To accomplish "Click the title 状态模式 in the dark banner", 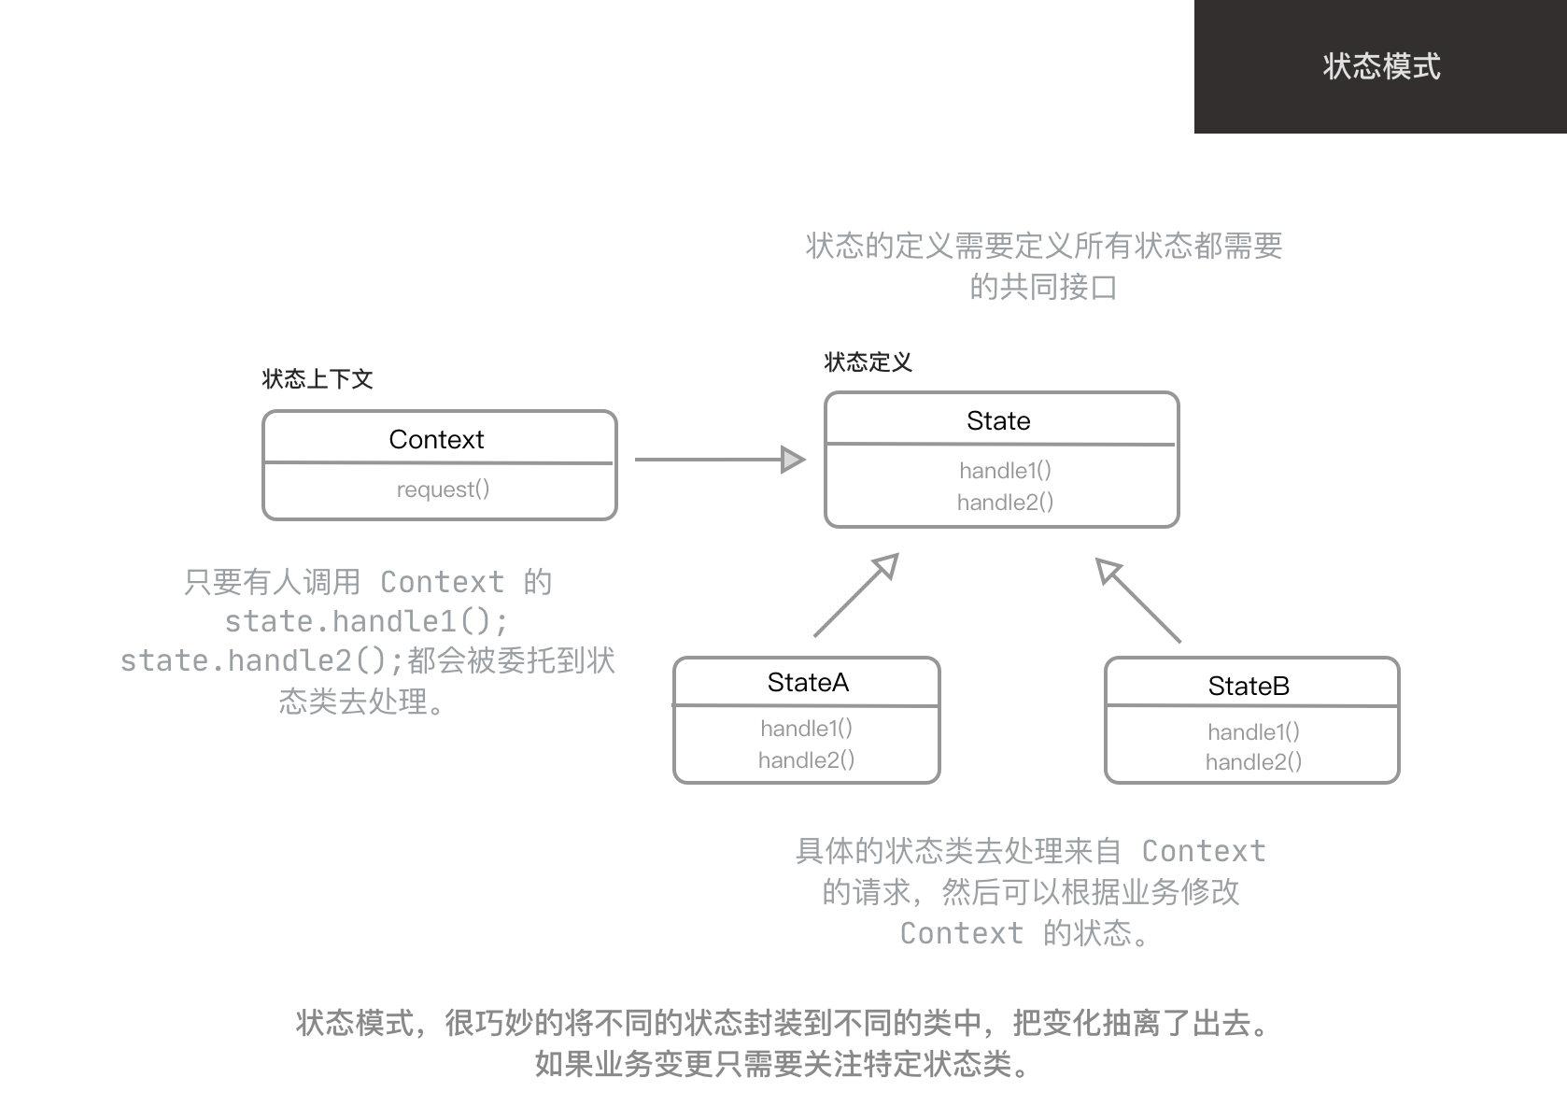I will coord(1381,66).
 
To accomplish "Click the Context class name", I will coord(436,439).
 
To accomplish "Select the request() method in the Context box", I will coord(443,489).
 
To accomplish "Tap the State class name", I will coord(998,420).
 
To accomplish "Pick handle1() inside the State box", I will coord(1005,471).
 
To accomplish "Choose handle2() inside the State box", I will coord(1005,503).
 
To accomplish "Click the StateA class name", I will coord(808,683).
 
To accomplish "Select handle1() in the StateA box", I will coord(806,729).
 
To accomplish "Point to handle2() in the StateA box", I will coord(806,760).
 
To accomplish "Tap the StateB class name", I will coord(1249,687).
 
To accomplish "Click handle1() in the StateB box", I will coord(1253,732).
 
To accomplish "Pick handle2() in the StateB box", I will coord(1253,762).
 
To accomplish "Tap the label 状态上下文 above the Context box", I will coord(318,379).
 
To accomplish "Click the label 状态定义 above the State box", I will coord(868,362).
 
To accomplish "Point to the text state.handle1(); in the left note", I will coord(366,621).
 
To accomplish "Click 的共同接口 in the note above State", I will coord(1043,287).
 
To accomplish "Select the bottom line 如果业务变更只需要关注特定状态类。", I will coord(783,1064).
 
